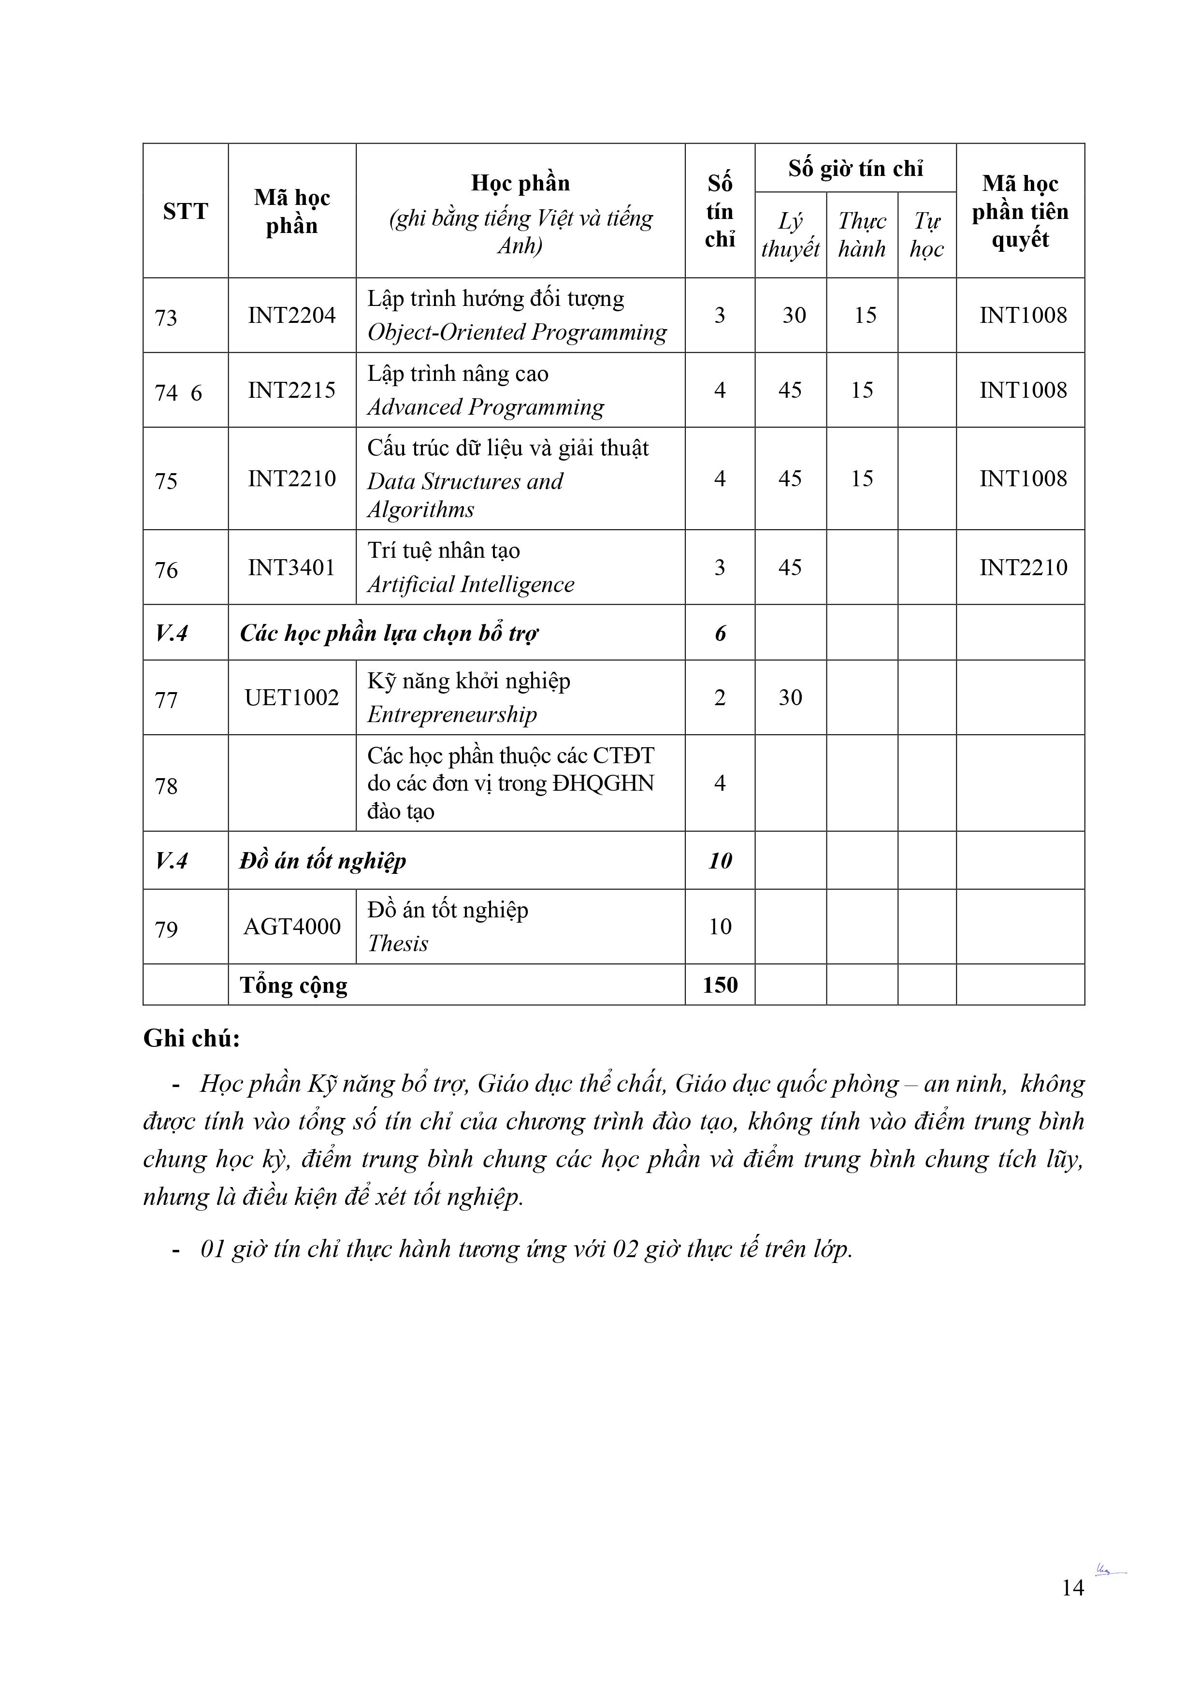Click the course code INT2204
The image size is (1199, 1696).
coord(292,316)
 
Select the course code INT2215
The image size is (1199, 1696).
coord(292,390)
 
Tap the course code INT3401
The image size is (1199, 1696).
coord(292,567)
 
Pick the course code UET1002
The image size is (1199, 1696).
coord(292,697)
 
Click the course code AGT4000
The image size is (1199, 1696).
coord(292,927)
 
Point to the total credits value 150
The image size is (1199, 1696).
coord(720,985)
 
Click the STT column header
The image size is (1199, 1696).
coord(186,211)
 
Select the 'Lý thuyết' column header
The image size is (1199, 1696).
coord(791,235)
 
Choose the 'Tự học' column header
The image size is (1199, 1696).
coord(926,235)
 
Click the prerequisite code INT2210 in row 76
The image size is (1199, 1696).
coord(1023,567)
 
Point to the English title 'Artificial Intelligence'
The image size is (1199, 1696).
coord(471,584)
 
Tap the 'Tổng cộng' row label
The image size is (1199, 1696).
coord(293,986)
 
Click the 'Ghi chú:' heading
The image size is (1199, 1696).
coord(191,1039)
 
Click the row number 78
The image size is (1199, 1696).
coord(166,786)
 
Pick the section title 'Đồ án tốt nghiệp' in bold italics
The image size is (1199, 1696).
coord(323,860)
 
